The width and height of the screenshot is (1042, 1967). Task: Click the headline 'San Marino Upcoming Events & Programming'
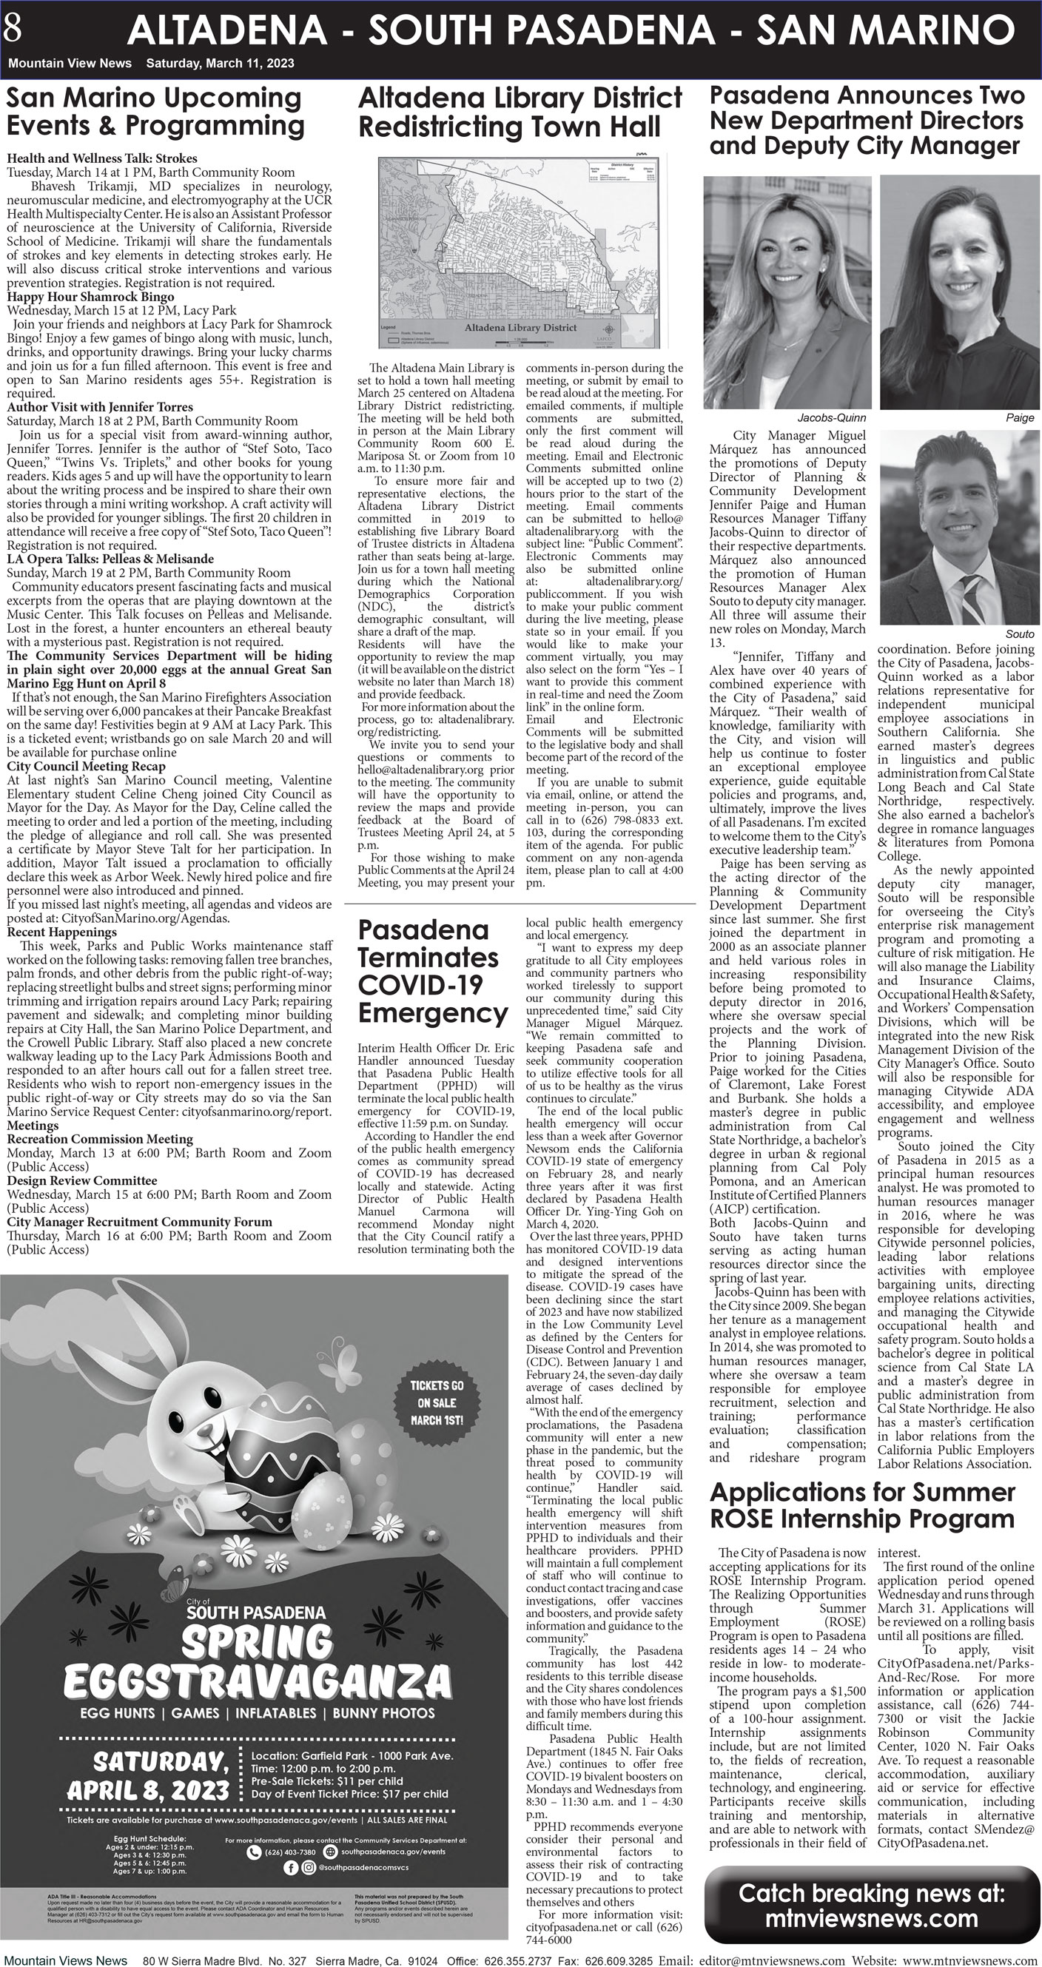155,112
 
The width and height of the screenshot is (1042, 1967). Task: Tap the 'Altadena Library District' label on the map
520,328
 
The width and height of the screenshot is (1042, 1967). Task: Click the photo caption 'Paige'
1020,417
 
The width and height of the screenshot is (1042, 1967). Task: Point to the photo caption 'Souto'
1020,633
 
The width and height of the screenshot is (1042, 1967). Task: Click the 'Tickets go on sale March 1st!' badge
436,1402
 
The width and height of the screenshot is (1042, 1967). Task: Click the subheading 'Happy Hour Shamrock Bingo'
90,296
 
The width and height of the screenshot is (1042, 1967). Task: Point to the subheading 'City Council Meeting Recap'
86,766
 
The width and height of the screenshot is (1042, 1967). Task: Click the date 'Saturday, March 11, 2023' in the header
220,64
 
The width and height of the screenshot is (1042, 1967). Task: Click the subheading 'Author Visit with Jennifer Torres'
99,407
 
